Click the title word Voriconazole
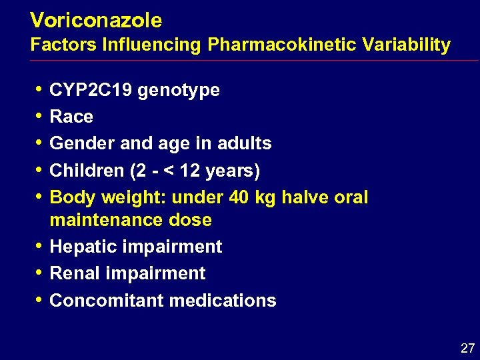click(96, 21)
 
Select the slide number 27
click(466, 348)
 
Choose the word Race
click(71, 117)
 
